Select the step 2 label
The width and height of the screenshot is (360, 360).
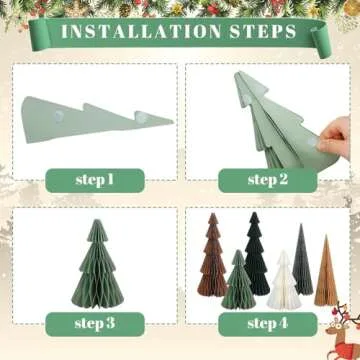[x=267, y=180]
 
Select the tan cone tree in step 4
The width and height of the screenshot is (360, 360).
[x=325, y=272]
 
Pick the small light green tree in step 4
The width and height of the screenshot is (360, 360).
[x=237, y=282]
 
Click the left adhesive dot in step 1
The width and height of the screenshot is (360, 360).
[x=58, y=117]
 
